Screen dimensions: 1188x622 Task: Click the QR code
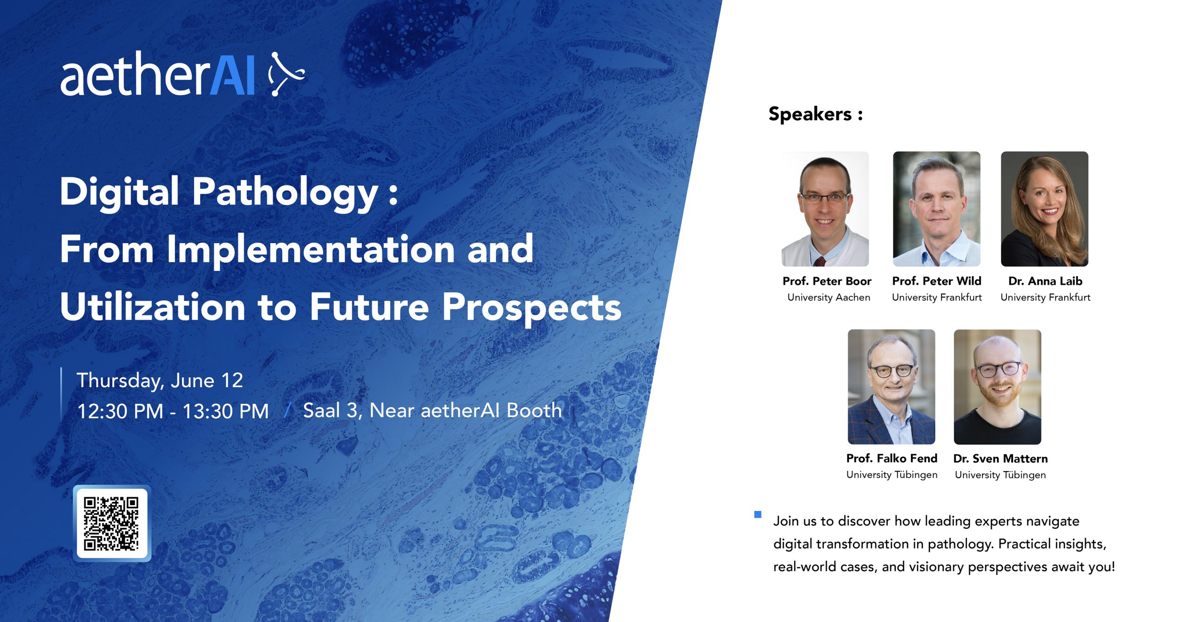click(x=111, y=524)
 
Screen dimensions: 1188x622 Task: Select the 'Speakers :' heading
click(x=815, y=114)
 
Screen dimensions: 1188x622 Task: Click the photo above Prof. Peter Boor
click(x=825, y=209)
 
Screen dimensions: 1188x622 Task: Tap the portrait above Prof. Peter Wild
click(x=936, y=209)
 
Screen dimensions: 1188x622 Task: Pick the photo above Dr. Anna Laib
click(x=1045, y=209)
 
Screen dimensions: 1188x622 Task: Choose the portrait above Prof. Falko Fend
click(x=891, y=387)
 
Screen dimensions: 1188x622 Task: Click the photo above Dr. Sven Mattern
click(x=997, y=387)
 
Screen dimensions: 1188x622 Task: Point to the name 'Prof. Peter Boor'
click(x=827, y=281)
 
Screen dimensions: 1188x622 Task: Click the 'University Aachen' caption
click(x=829, y=298)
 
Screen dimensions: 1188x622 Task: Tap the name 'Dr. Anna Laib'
click(x=1045, y=281)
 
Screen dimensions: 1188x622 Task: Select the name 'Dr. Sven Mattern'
click(x=1001, y=459)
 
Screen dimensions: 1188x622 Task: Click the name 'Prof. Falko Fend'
click(x=891, y=459)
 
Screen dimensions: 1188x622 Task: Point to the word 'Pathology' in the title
click(x=285, y=193)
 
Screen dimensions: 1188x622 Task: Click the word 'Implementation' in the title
click(x=310, y=250)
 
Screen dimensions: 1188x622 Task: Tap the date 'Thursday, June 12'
click(x=160, y=381)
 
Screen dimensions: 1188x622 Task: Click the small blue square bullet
click(x=758, y=514)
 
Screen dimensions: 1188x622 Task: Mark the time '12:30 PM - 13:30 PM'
click(x=173, y=411)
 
